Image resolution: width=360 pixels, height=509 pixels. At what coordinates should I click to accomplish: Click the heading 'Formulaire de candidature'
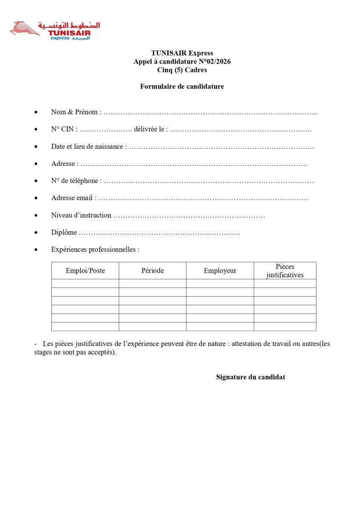pyautogui.click(x=182, y=87)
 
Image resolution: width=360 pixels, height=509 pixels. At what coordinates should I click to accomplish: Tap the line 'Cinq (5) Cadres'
pyautogui.click(x=182, y=70)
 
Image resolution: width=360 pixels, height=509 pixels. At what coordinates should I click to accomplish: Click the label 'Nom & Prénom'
pyautogui.click(x=74, y=112)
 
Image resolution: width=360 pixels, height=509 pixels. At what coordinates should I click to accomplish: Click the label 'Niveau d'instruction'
pyautogui.click(x=81, y=215)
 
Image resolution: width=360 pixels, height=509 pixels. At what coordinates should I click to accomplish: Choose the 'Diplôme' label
pyautogui.click(x=64, y=232)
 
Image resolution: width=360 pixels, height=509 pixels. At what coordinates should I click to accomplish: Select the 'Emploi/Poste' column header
pyautogui.click(x=85, y=271)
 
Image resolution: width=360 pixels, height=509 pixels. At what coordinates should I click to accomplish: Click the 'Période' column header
pyautogui.click(x=152, y=271)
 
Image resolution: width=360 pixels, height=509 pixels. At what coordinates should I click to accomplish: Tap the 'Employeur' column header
pyautogui.click(x=220, y=271)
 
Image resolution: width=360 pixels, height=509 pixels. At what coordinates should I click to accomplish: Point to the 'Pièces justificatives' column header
pyautogui.click(x=285, y=271)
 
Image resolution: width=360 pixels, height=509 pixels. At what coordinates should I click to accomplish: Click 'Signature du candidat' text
pyautogui.click(x=250, y=377)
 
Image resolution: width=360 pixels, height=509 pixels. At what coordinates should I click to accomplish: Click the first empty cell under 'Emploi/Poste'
pyautogui.click(x=85, y=283)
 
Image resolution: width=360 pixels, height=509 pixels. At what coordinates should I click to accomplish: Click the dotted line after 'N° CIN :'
pyautogui.click(x=106, y=130)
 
